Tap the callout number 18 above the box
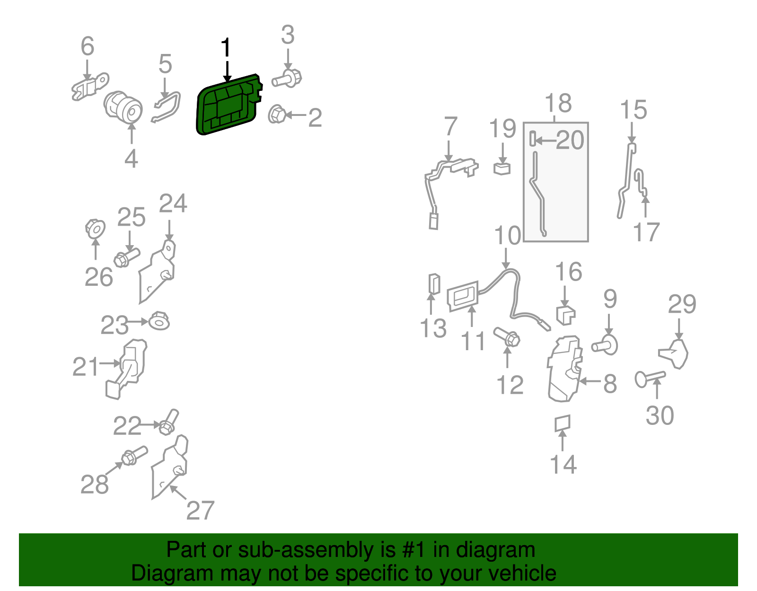[x=558, y=103]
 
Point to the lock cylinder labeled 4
[x=123, y=107]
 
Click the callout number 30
[x=660, y=415]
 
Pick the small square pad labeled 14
[x=562, y=423]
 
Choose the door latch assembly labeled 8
[x=565, y=369]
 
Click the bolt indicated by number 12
[x=507, y=336]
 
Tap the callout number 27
[x=200, y=510]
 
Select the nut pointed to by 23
[x=159, y=321]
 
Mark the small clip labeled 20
[x=532, y=139]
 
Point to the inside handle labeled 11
[x=463, y=296]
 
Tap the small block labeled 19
[x=502, y=168]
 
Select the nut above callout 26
[x=95, y=229]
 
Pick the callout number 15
[x=634, y=109]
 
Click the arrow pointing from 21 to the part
[x=110, y=363]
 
